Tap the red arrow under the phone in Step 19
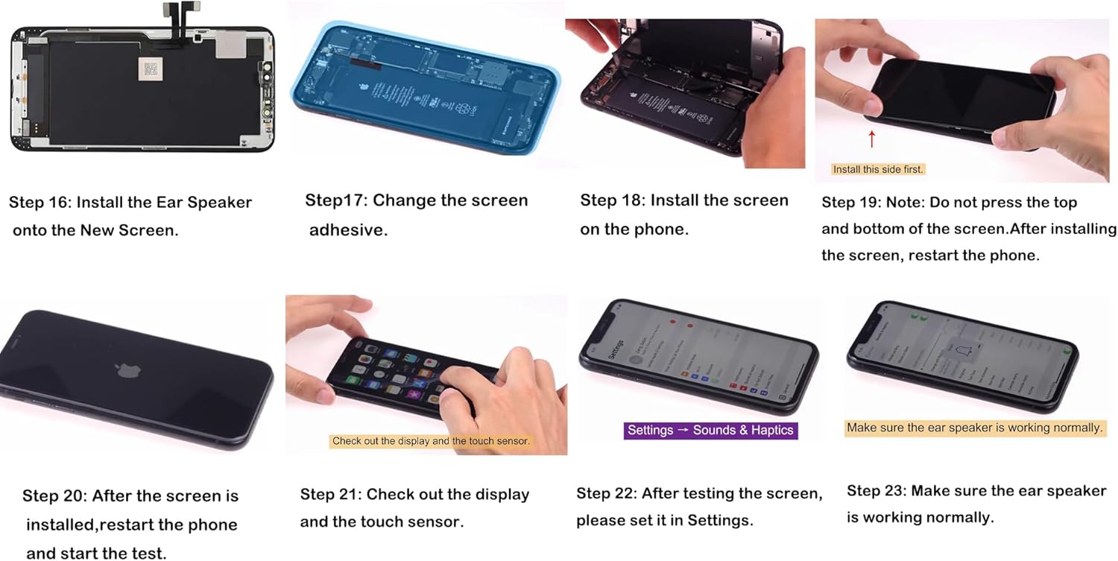pyautogui.click(x=871, y=139)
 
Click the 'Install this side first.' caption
pyautogui.click(x=878, y=169)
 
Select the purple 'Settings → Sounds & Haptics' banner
pyautogui.click(x=710, y=430)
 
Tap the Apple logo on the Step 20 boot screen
pyautogui.click(x=124, y=370)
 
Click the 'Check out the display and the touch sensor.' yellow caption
pyautogui.click(x=431, y=441)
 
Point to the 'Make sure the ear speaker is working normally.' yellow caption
pyautogui.click(x=974, y=428)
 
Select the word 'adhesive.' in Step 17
pyautogui.click(x=348, y=230)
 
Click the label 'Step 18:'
pyautogui.click(x=612, y=200)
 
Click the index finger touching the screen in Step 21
pyautogui.click(x=451, y=397)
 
